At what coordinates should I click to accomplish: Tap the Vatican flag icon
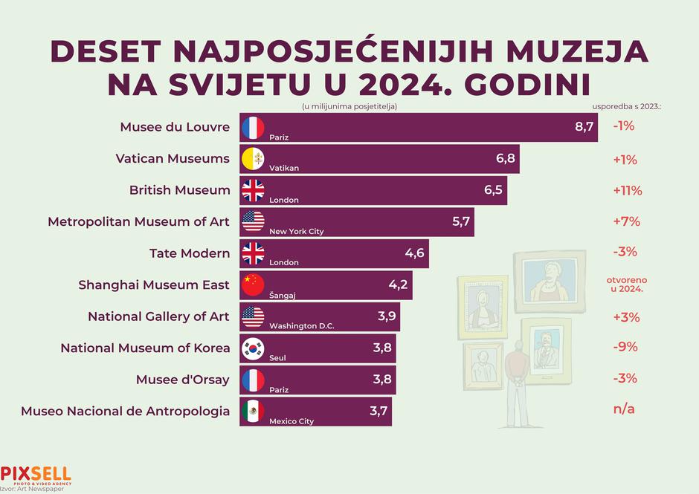point(253,159)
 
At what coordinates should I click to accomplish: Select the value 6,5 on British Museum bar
point(493,190)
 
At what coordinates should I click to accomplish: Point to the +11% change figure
point(628,190)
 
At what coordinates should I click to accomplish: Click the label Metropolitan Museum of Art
point(139,221)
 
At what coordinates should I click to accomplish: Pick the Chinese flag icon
point(253,285)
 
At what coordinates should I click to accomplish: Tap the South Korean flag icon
point(253,348)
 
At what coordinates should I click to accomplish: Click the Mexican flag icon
point(253,410)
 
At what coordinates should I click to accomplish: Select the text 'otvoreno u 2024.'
point(625,285)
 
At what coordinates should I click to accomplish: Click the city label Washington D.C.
point(302,326)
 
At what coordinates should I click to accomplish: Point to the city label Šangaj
point(283,295)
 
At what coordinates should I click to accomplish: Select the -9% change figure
point(625,347)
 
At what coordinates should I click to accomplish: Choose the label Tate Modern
point(190,253)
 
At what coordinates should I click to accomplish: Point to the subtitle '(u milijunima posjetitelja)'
point(349,106)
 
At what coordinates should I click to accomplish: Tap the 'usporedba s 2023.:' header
point(627,106)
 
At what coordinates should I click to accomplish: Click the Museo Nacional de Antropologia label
point(125,411)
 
